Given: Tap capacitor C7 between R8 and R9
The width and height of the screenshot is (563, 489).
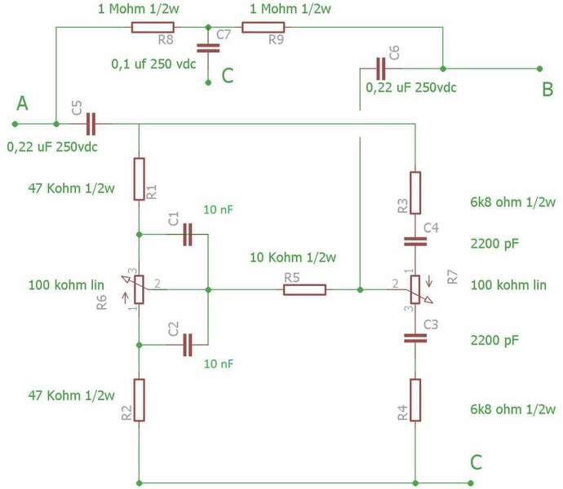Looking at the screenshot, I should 209,48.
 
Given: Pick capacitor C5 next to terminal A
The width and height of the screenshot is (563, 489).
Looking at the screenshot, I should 89,124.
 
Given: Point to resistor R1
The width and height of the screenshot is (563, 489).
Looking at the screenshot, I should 139,178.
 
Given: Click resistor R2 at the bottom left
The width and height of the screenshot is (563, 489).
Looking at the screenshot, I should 139,399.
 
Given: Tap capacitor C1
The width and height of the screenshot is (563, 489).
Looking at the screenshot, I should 188,235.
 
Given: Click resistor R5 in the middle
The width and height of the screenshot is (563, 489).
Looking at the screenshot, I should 304,289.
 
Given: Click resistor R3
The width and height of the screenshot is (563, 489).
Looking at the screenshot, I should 415,192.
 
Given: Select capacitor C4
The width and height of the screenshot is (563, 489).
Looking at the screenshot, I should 415,240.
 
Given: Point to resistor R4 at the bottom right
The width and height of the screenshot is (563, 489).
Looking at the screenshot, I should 415,399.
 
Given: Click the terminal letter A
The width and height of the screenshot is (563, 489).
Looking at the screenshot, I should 22,104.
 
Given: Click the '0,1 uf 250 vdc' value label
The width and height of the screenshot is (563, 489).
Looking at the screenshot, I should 153,63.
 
